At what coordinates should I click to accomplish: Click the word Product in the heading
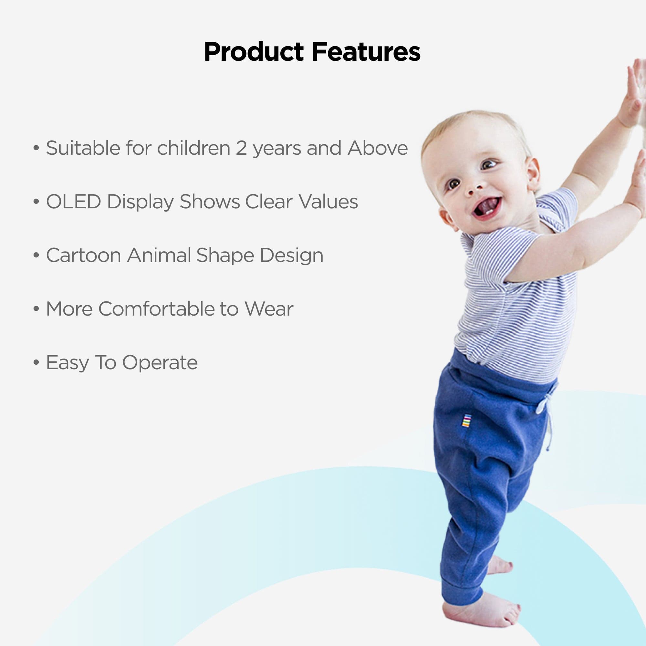(x=254, y=52)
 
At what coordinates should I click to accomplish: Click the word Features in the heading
(x=366, y=52)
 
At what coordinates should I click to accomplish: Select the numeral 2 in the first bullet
(x=241, y=148)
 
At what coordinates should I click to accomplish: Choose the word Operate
(x=160, y=363)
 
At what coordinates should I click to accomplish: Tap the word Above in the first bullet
(x=378, y=148)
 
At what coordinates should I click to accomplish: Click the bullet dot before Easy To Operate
(x=36, y=362)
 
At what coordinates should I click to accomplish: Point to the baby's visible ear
(x=533, y=174)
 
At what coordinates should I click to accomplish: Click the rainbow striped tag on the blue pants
(x=466, y=420)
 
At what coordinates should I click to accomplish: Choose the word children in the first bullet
(x=193, y=148)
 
